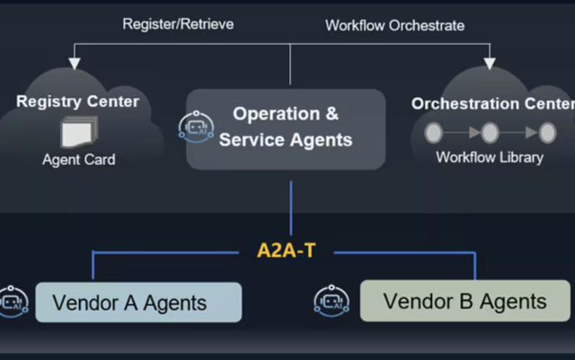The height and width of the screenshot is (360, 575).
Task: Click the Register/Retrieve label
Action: click(x=178, y=24)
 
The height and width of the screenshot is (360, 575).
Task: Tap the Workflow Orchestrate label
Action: click(x=394, y=25)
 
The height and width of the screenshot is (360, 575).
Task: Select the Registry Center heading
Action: click(x=77, y=101)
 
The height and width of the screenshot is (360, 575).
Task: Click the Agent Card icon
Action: click(x=77, y=133)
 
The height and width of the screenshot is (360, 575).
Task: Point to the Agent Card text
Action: click(x=79, y=160)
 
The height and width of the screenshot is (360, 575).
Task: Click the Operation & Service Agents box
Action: click(x=286, y=127)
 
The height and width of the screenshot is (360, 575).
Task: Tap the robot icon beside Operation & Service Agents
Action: click(x=197, y=127)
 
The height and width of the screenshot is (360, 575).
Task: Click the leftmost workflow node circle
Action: click(x=434, y=133)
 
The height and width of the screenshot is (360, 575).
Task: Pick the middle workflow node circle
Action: click(x=490, y=133)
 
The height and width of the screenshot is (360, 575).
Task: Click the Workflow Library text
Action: click(x=490, y=158)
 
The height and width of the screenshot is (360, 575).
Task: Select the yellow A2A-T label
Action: click(x=287, y=250)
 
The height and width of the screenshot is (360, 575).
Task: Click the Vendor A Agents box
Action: click(x=138, y=303)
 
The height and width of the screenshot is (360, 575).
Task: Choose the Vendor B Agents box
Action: click(x=464, y=301)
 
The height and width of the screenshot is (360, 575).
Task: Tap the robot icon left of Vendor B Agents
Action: click(x=332, y=301)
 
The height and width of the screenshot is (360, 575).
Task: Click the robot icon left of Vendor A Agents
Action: click(x=12, y=302)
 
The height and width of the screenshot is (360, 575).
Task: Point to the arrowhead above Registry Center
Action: click(x=75, y=63)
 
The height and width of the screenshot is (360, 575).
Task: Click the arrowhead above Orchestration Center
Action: click(x=490, y=63)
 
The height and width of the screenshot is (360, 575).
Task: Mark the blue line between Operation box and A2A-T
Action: click(x=291, y=208)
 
